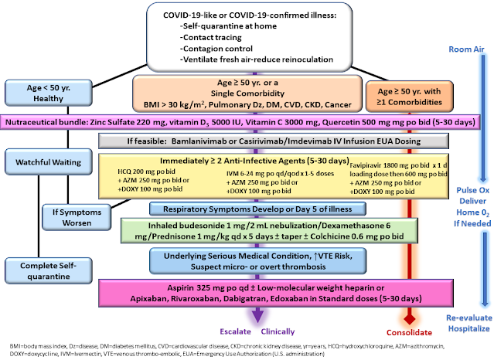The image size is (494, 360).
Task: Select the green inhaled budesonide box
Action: pos(267,232)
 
